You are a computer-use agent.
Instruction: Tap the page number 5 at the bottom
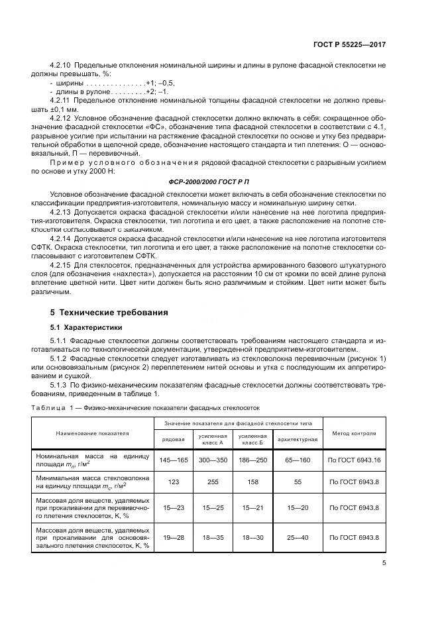[384, 564]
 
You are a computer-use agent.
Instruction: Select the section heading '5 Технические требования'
[109, 312]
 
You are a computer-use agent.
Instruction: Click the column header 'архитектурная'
[298, 439]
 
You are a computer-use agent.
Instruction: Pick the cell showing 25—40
[298, 537]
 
